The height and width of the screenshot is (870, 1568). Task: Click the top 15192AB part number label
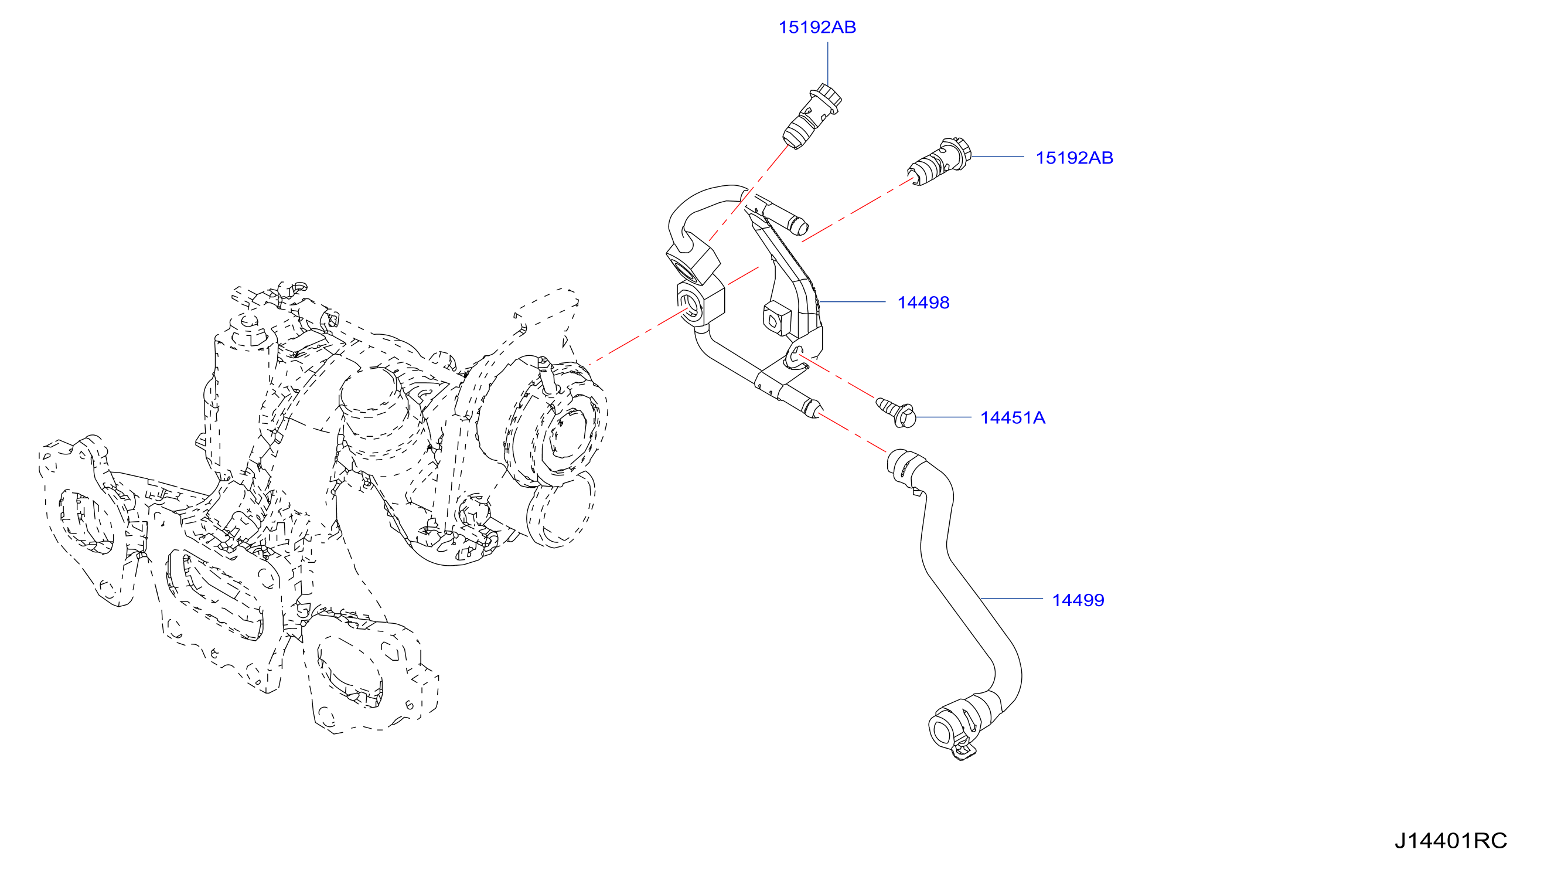pyautogui.click(x=817, y=28)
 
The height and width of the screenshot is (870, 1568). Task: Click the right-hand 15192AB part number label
pyautogui.click(x=1075, y=158)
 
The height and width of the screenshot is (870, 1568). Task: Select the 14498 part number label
pyautogui.click(x=923, y=303)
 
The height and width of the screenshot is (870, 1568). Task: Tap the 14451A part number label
pyautogui.click(x=1013, y=417)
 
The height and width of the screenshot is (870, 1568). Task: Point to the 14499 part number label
pyautogui.click(x=1078, y=600)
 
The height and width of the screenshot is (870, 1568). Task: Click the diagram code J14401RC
pyautogui.click(x=1451, y=841)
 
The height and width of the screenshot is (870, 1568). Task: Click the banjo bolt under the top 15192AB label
pyautogui.click(x=812, y=116)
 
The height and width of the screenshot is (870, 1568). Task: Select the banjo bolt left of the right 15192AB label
pyautogui.click(x=939, y=161)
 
